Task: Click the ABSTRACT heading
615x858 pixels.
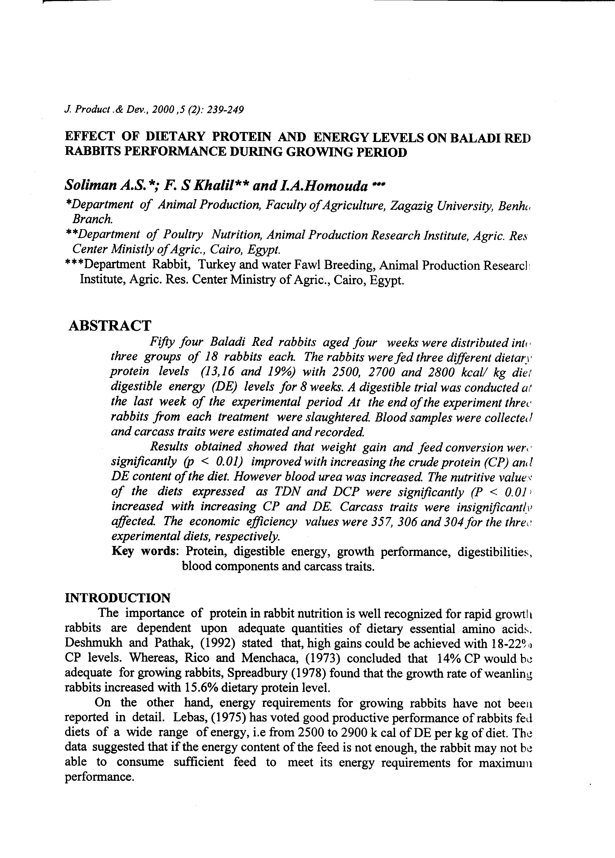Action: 110,326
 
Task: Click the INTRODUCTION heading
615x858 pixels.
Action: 118,598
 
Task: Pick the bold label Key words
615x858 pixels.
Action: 145,551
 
